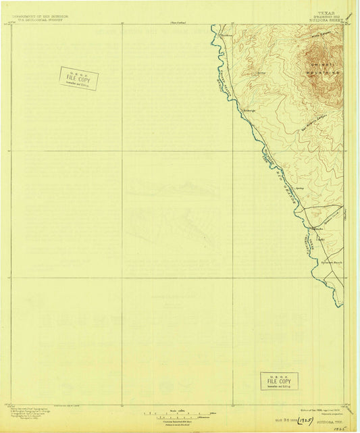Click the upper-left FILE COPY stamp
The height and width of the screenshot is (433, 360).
[x=78, y=78]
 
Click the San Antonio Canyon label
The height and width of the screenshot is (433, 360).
[x=295, y=111]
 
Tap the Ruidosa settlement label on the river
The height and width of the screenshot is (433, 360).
[x=248, y=109]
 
